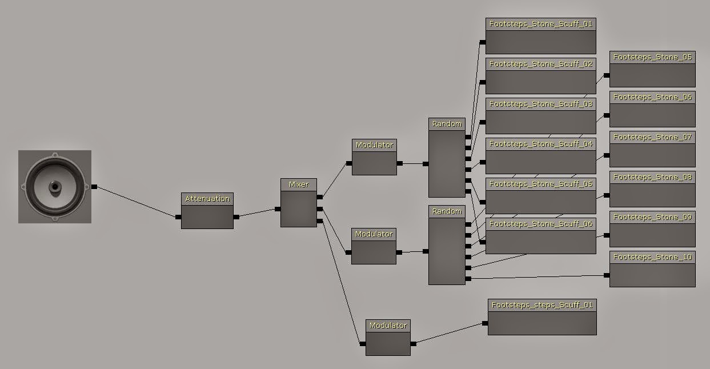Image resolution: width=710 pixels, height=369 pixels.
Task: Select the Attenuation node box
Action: (207, 211)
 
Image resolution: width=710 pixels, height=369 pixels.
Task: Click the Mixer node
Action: (298, 203)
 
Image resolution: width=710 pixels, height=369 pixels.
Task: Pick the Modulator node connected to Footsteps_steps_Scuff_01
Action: (388, 338)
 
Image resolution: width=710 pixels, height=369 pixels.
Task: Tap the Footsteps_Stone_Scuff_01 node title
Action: (540, 24)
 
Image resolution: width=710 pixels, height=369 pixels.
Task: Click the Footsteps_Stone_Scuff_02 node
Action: (540, 75)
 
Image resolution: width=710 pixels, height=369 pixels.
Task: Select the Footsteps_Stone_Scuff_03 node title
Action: (540, 104)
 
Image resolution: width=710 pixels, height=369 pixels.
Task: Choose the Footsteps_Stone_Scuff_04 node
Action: (540, 155)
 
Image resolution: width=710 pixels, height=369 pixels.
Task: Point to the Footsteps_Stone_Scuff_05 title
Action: (540, 184)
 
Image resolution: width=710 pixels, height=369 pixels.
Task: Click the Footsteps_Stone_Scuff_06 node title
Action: (540, 224)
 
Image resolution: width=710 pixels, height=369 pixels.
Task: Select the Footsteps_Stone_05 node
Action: (652, 69)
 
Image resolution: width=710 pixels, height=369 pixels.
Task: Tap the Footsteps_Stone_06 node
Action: (652, 109)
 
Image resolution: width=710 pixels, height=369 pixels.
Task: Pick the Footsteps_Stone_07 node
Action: (652, 149)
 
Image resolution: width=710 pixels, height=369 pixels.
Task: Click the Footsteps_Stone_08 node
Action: (652, 189)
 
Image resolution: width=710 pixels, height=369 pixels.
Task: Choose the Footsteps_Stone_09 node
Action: (652, 229)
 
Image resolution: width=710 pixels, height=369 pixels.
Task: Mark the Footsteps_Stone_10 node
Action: (652, 269)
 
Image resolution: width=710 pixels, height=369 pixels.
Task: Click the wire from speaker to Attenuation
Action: (136, 202)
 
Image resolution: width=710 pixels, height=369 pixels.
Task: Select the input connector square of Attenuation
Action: (178, 217)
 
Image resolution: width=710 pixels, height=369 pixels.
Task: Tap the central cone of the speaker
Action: (54, 186)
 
